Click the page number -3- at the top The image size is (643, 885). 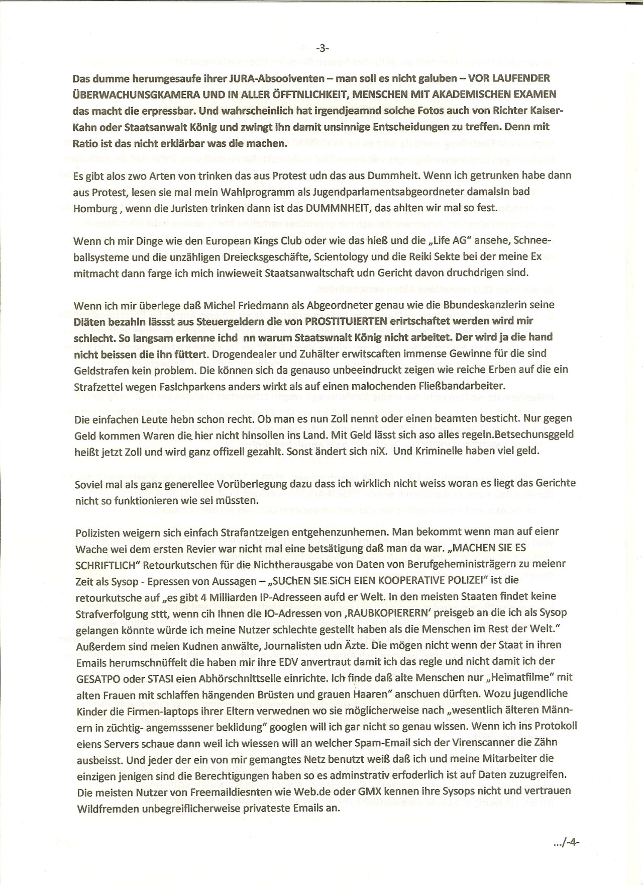tap(322, 48)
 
